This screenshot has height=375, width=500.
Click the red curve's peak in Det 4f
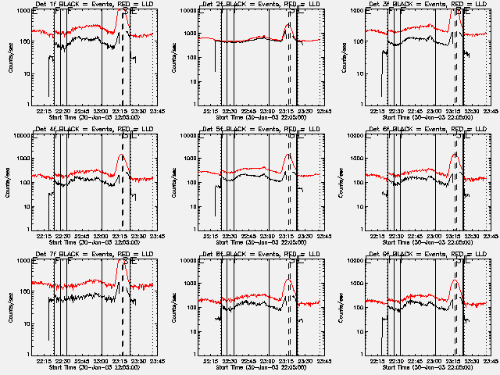(x=122, y=155)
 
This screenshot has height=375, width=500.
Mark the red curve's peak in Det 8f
(x=288, y=280)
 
